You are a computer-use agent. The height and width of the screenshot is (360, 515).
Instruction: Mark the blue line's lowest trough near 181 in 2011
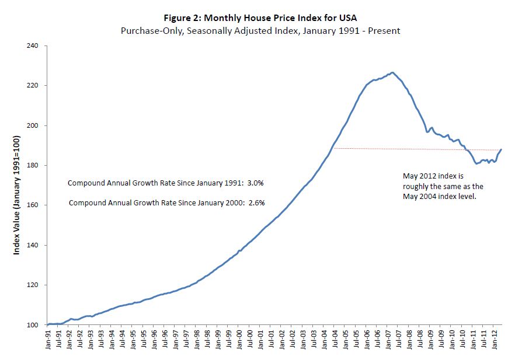[x=477, y=163]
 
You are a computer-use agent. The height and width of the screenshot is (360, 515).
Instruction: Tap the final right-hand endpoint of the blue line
[x=501, y=150]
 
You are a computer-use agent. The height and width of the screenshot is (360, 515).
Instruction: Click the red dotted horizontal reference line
[x=409, y=149]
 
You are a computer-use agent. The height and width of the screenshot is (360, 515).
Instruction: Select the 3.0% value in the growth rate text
[x=257, y=183]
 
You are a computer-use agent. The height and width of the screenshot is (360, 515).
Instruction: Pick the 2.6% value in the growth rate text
[x=257, y=203]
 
